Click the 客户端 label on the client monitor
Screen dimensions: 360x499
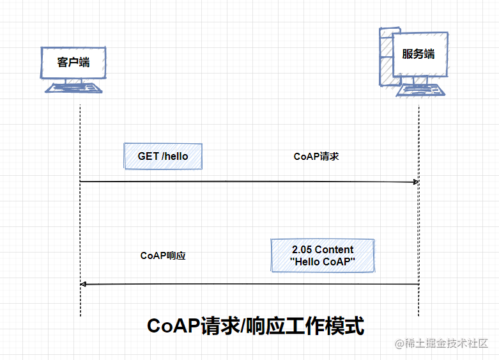[73, 61]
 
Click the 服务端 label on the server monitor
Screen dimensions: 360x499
[418, 54]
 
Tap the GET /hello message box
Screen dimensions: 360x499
[163, 156]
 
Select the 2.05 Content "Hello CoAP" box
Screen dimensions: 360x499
[323, 255]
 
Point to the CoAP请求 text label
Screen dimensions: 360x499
[316, 156]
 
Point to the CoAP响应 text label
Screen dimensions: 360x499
[163, 255]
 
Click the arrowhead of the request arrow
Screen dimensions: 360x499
[416, 182]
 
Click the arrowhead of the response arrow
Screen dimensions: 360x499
[83, 284]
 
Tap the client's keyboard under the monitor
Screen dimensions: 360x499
[73, 88]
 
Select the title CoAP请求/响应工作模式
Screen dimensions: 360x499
[256, 325]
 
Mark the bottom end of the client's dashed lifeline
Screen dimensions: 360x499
[81, 315]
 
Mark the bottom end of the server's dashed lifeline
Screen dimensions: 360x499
[419, 315]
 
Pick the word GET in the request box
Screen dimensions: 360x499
[148, 156]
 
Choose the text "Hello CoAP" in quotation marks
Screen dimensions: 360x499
[323, 262]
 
